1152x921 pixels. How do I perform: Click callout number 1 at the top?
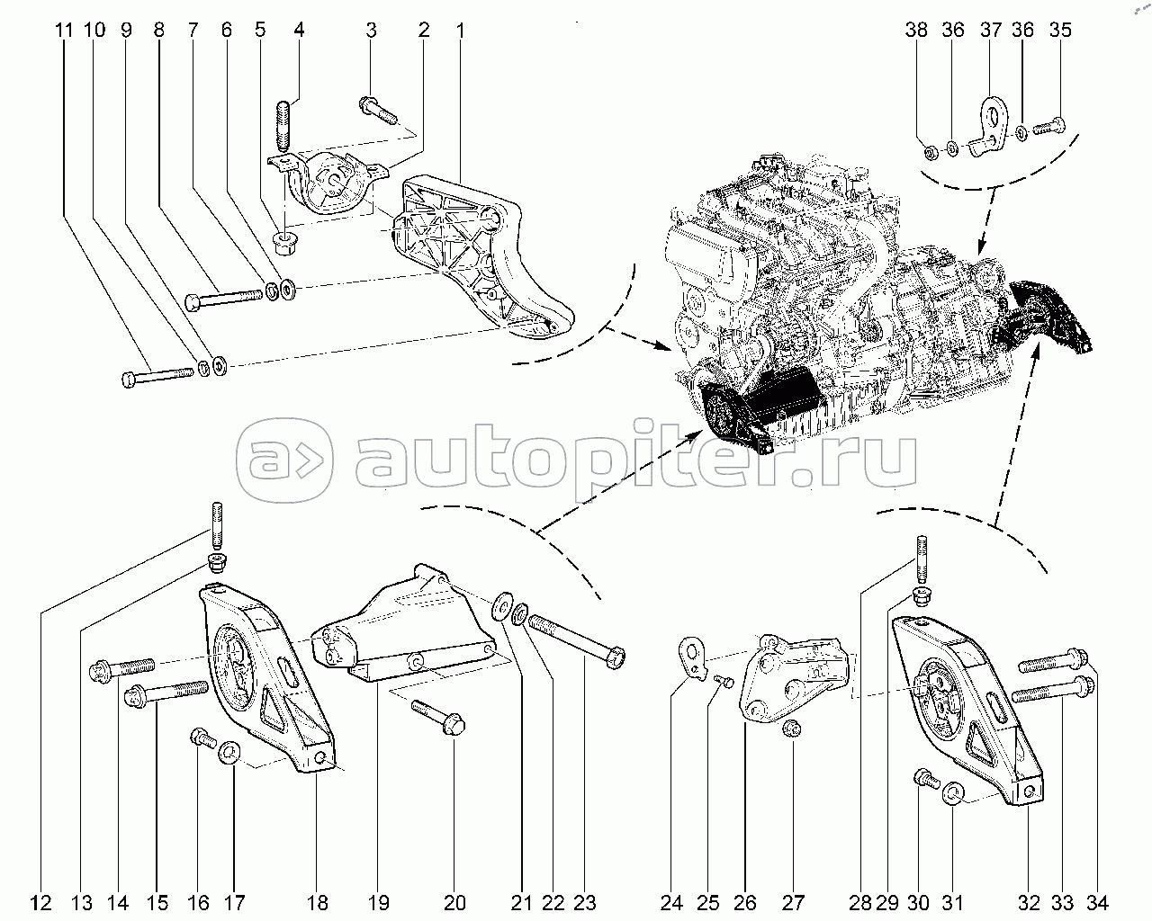tap(460, 30)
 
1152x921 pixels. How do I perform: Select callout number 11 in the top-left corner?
tap(63, 30)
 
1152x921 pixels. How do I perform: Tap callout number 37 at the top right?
tap(991, 30)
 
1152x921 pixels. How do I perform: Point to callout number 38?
tap(916, 30)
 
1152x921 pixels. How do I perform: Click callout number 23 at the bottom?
tap(585, 902)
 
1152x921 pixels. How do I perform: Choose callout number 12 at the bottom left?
tap(40, 902)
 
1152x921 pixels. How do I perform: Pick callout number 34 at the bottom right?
tap(1097, 902)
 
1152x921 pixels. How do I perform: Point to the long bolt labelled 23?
tap(576, 641)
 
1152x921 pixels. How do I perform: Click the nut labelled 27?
tap(792, 729)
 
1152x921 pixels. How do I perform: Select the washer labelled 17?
tap(230, 750)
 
